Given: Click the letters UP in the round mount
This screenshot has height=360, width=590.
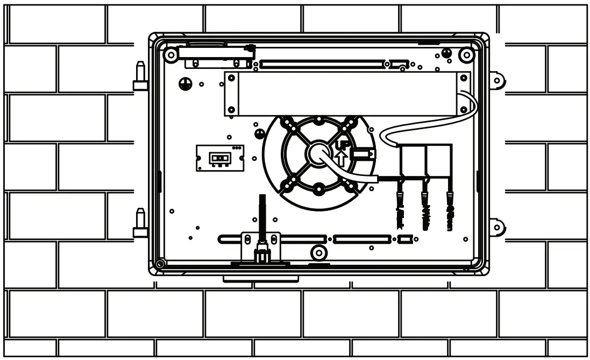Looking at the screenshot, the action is (341, 145).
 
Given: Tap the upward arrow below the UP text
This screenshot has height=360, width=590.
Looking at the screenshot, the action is (340, 158).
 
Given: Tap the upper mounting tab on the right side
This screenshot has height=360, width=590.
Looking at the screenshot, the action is (496, 81).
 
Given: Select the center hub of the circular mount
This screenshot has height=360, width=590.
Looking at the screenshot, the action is (318, 154).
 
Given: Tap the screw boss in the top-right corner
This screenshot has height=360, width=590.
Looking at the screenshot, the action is (466, 54).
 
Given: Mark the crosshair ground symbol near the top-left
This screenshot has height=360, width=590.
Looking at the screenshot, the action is (185, 83).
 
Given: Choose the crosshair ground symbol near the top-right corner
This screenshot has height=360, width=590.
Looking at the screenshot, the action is (446, 53).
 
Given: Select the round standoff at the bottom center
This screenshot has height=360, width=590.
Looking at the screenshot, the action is (319, 252).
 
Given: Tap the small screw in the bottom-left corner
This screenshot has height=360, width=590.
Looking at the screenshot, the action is (160, 264).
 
